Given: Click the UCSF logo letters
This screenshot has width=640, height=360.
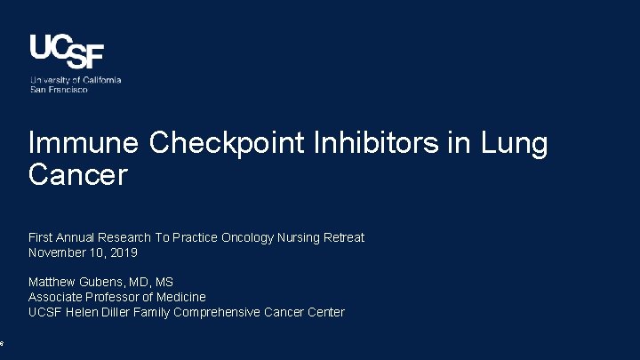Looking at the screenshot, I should (67, 52).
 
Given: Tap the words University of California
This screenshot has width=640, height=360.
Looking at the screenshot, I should (76, 80).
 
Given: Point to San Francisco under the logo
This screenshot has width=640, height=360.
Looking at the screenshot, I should (59, 90).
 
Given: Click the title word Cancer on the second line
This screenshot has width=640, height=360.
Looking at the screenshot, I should (78, 175).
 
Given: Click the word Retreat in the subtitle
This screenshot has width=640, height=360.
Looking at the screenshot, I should (341, 237).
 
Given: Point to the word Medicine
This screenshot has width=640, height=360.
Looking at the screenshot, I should (182, 297).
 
